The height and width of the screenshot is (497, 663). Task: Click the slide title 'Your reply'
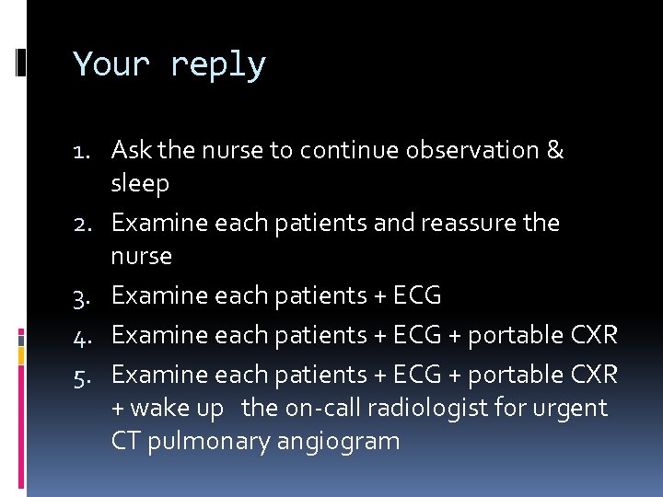(x=169, y=65)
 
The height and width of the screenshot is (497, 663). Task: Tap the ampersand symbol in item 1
(x=554, y=150)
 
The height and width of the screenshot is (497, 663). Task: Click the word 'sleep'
(x=140, y=184)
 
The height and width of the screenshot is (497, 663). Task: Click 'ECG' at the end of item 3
(x=416, y=295)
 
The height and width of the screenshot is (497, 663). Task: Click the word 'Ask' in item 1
(x=131, y=150)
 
